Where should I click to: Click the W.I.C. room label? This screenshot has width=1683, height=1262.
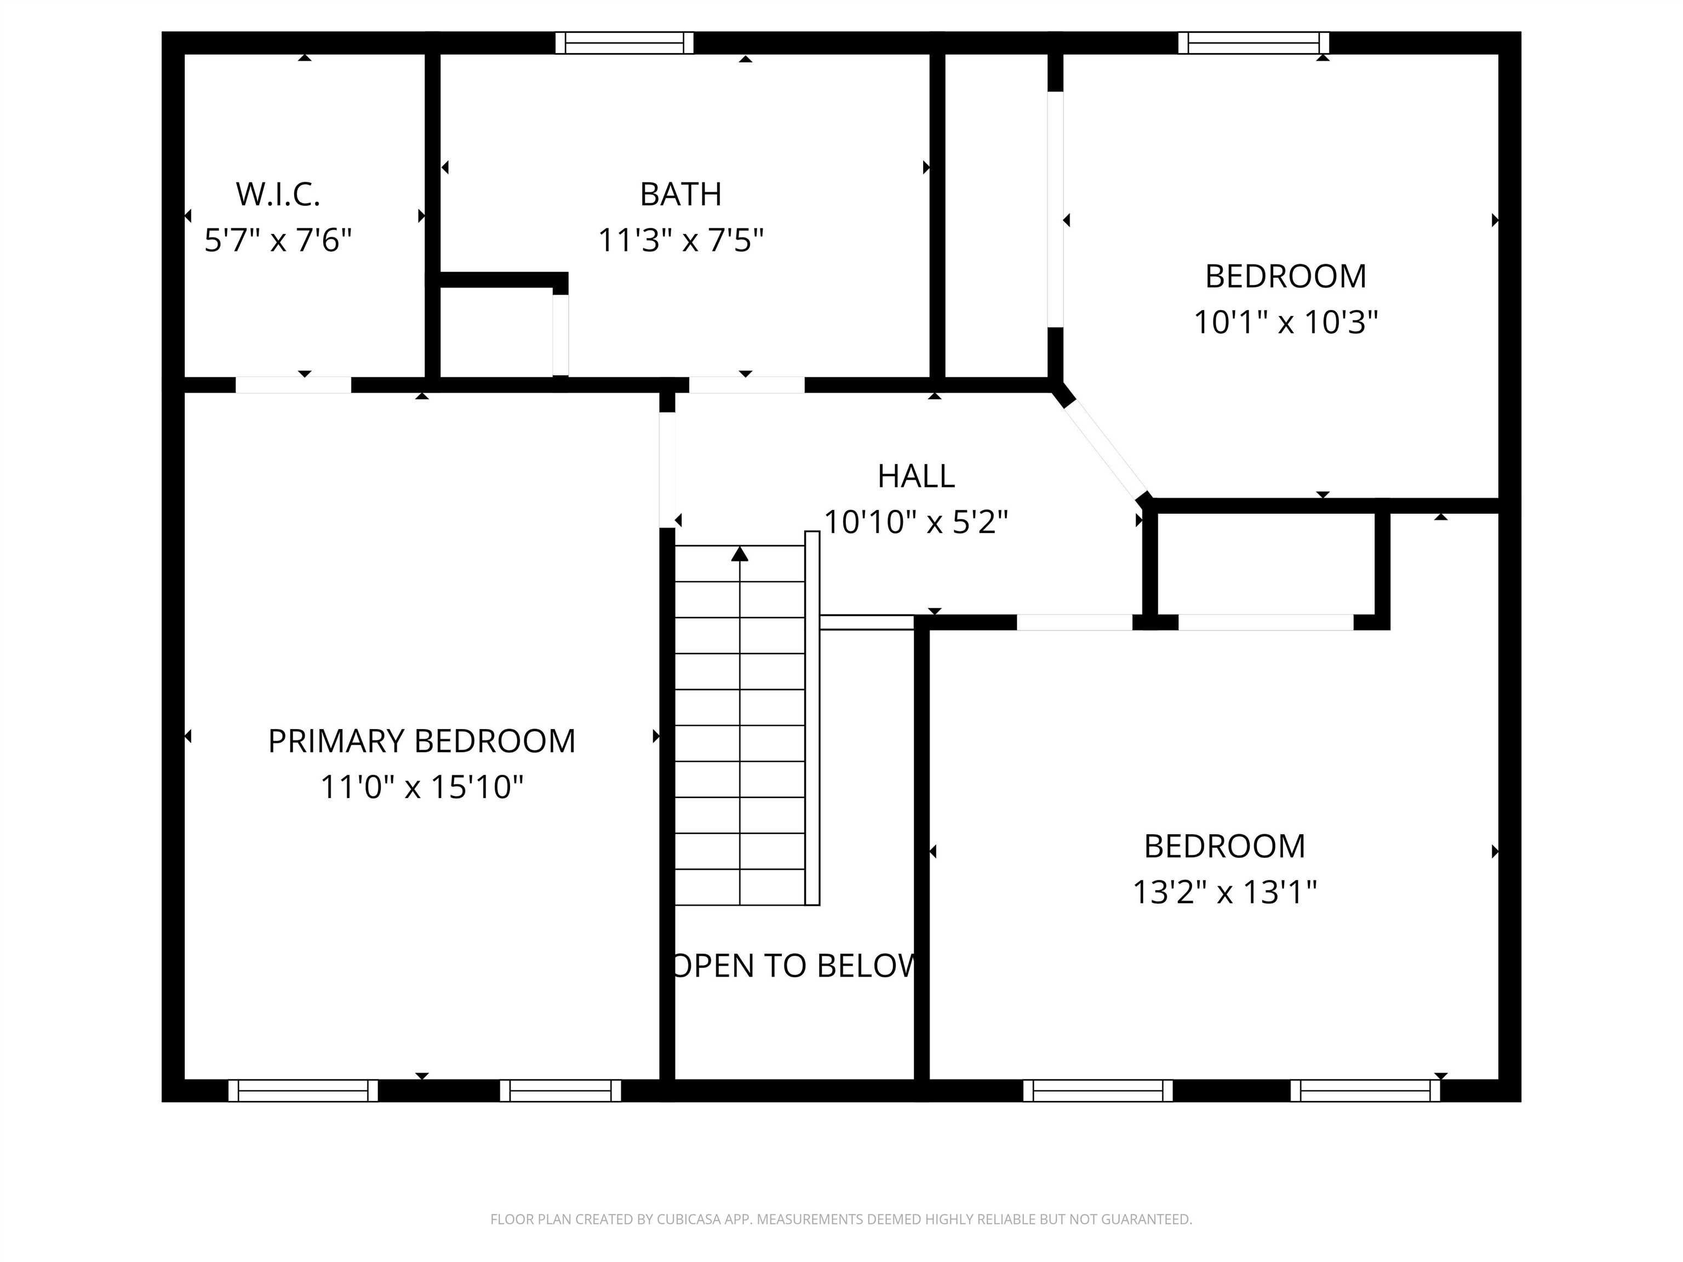click(278, 195)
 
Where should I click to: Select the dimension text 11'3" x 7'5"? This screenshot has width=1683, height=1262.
click(680, 241)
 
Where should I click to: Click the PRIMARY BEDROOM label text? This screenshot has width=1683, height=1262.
click(421, 741)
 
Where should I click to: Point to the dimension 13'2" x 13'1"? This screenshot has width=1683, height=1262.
click(1224, 892)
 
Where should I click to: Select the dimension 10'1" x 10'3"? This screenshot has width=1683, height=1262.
click(1285, 323)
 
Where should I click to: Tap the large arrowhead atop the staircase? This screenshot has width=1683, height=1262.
click(740, 554)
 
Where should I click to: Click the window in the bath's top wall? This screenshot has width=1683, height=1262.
click(624, 43)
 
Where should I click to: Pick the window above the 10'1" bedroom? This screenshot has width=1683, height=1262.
click(1253, 43)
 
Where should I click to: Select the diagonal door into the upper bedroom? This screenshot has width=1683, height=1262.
click(1105, 449)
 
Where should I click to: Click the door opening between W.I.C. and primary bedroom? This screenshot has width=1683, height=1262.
click(293, 385)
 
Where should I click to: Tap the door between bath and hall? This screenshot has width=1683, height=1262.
click(746, 385)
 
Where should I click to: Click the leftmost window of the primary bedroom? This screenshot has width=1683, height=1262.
click(303, 1091)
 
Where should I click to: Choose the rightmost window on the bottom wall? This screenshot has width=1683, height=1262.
click(1365, 1091)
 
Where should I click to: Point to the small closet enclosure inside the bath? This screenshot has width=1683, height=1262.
click(496, 332)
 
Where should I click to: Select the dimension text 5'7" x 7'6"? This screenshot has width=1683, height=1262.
click(278, 241)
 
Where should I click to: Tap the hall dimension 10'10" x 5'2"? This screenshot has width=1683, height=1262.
click(915, 523)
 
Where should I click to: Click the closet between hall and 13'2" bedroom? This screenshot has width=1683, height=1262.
click(1266, 564)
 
